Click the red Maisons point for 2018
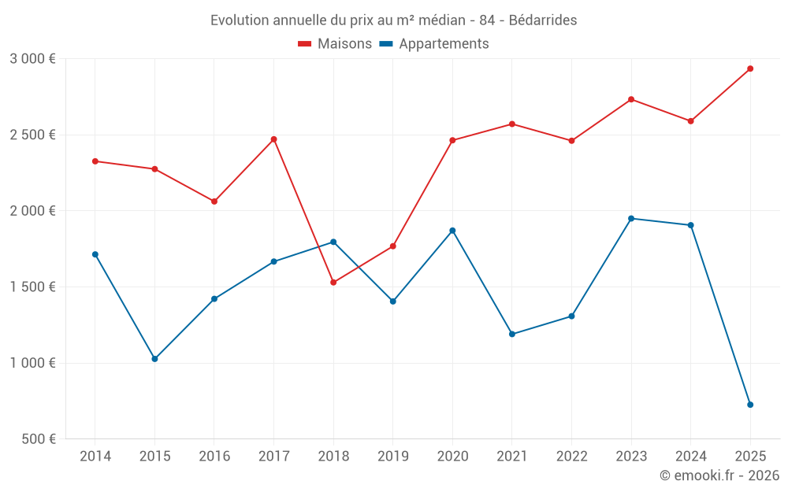coord(333,282)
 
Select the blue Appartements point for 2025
coord(750,405)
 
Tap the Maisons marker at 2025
coord(750,68)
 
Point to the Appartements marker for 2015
coord(154,359)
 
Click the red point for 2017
coord(273,139)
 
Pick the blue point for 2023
coord(631,218)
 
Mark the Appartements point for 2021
coord(512,334)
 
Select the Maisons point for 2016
coord(214,202)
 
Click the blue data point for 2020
coord(452,231)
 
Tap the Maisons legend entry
coord(335,44)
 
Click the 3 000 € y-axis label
coord(32,59)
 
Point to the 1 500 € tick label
coord(32,287)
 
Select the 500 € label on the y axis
coord(38,439)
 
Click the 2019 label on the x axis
coord(392,457)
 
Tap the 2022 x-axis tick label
coord(571,457)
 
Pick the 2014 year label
coord(95,457)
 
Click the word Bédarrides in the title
coord(543,20)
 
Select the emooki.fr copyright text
coord(719,475)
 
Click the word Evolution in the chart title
coord(238,20)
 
